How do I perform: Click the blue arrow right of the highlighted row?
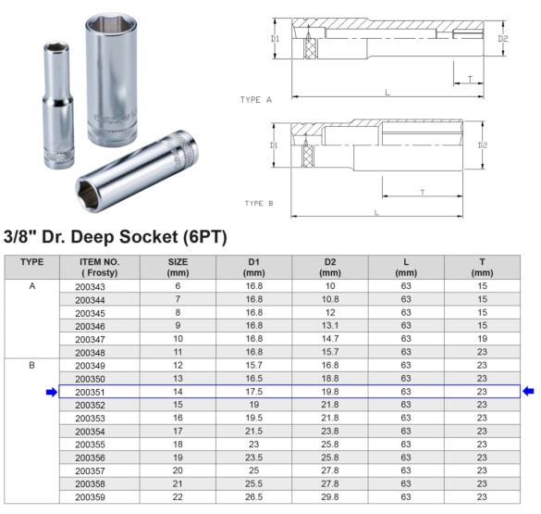click(x=529, y=392)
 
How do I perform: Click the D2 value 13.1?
click(x=330, y=327)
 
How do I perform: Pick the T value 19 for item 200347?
click(x=482, y=340)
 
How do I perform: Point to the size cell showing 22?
click(x=178, y=497)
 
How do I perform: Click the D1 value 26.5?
click(x=254, y=497)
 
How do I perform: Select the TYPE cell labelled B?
click(x=31, y=366)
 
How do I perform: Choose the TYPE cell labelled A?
click(x=31, y=287)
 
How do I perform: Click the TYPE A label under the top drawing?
click(x=256, y=98)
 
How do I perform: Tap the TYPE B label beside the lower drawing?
click(x=259, y=202)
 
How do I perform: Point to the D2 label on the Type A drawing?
click(x=503, y=39)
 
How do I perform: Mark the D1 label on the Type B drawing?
click(x=275, y=145)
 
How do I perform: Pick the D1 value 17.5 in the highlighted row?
click(x=254, y=392)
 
